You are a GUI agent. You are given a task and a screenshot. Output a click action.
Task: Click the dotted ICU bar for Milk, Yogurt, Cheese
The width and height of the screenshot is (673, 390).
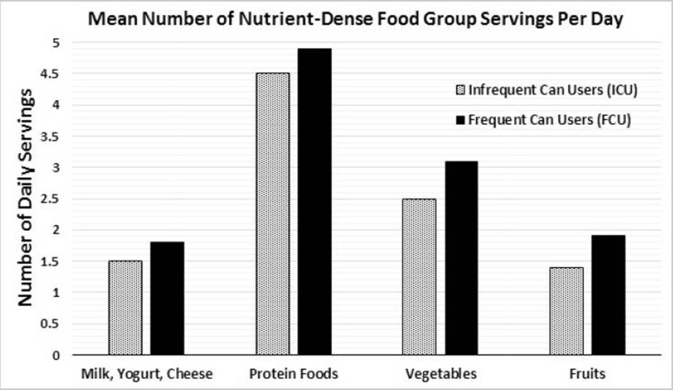tap(126, 308)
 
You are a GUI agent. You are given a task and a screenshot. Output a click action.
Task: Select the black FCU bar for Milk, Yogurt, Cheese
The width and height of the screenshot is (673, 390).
tap(167, 299)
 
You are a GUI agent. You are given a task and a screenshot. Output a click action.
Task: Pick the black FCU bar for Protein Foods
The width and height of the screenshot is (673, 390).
tap(314, 201)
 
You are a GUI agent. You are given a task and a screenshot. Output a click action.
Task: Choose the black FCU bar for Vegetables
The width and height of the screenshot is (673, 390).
tap(461, 258)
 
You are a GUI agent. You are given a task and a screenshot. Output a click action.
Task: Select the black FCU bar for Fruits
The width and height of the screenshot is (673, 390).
tap(608, 295)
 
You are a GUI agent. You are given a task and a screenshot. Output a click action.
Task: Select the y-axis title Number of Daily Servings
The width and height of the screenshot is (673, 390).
tap(25, 197)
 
